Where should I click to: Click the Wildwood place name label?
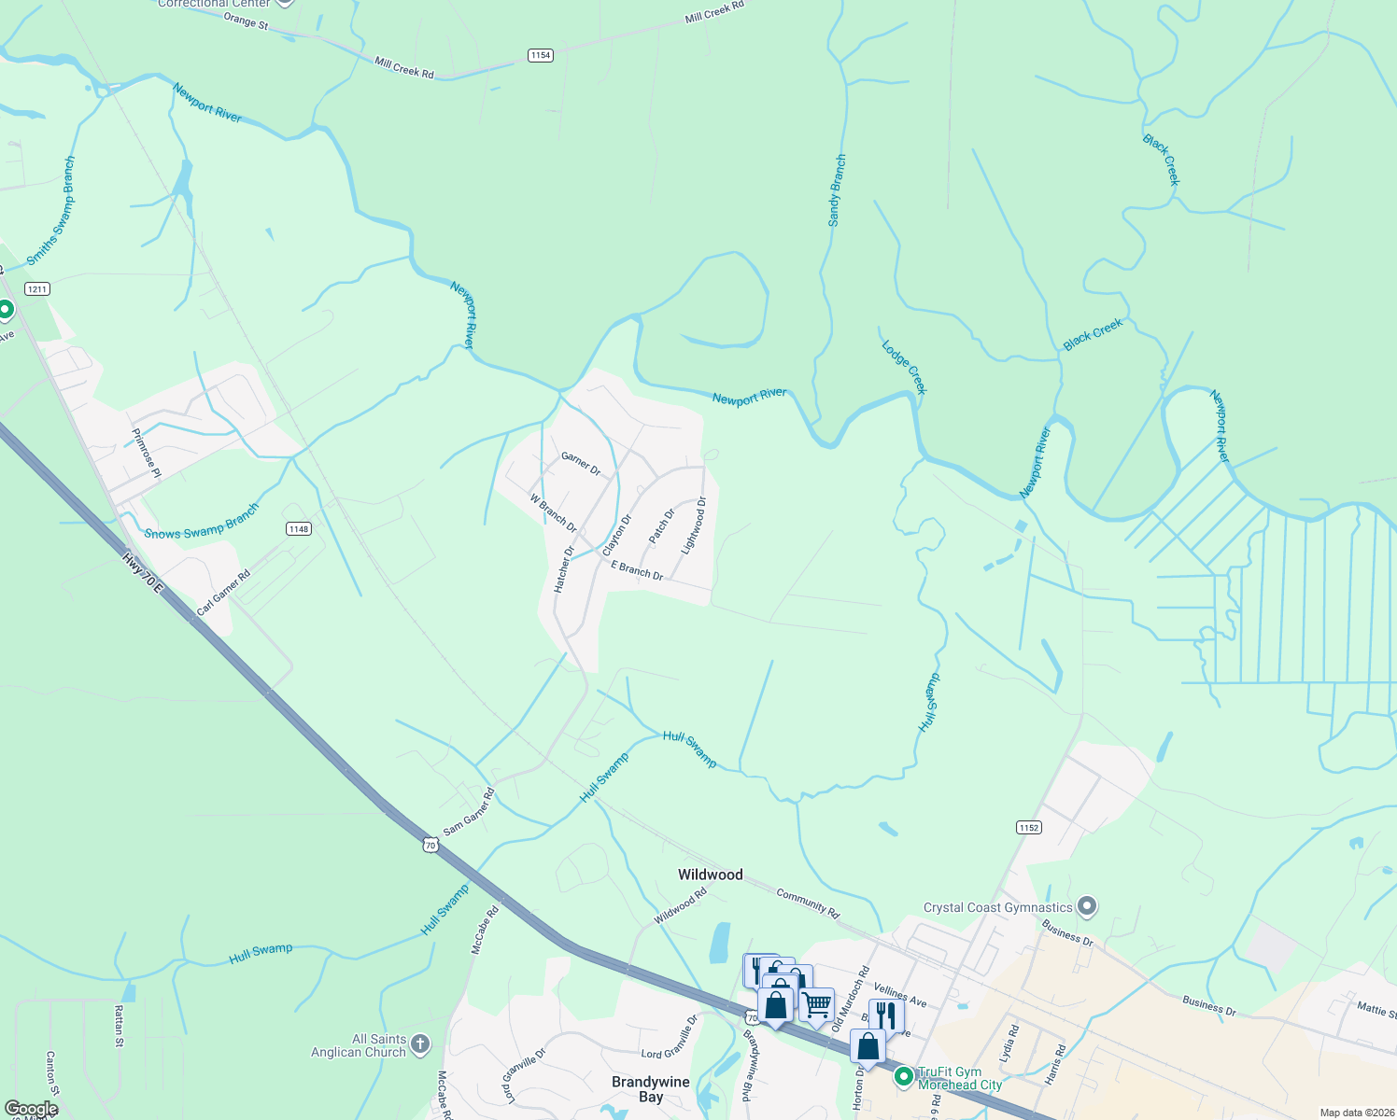point(710,875)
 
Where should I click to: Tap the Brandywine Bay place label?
point(651,1089)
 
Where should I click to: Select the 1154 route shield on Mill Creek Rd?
point(541,55)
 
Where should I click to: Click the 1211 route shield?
point(37,288)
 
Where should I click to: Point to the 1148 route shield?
point(298,529)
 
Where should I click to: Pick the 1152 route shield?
point(1028,827)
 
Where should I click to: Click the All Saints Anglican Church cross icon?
point(420,1044)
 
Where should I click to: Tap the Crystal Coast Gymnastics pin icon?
point(1086,905)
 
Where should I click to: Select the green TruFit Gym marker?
point(903,1077)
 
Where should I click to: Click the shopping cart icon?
point(817,1005)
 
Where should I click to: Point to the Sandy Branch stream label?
point(836,190)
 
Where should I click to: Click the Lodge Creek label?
point(903,367)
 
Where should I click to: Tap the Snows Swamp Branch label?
point(202,524)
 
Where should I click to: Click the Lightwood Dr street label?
point(694,525)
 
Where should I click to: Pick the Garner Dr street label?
point(580,463)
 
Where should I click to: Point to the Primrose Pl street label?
point(147,453)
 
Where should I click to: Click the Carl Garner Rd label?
point(223,593)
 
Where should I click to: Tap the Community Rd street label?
point(808,902)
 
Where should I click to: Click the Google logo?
point(32,1109)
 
